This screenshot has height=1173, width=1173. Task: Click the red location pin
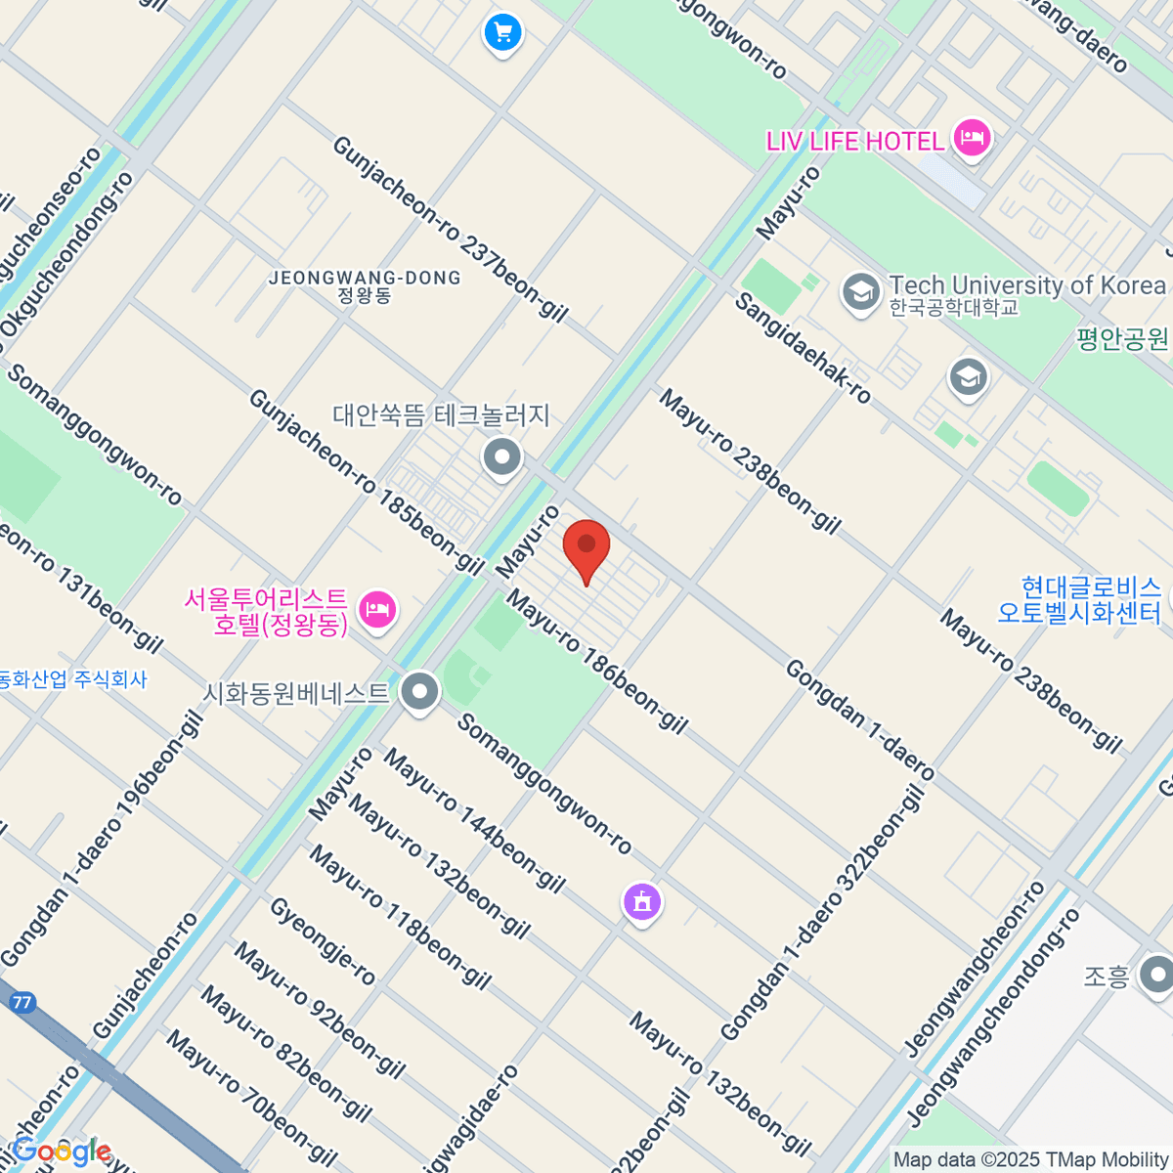[586, 548]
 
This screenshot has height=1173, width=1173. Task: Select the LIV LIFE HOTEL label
[855, 141]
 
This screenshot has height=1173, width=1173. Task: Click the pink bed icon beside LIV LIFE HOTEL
[971, 137]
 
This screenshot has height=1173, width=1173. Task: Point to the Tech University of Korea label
[1026, 285]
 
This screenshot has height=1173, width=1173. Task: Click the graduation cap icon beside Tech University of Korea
[861, 291]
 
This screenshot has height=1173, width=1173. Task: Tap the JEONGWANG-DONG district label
[365, 279]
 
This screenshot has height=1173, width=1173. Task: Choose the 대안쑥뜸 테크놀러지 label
[442, 415]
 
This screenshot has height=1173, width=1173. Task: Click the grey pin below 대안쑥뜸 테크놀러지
[502, 456]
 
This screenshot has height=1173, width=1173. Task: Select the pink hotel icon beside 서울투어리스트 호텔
[376, 611]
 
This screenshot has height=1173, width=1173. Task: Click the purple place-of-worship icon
[642, 901]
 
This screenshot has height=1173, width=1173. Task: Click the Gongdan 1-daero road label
[860, 721]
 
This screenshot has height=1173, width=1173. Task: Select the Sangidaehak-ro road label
[803, 348]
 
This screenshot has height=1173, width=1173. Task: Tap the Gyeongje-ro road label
[322, 941]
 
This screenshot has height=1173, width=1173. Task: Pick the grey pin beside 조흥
[1158, 975]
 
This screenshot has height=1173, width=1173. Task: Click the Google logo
[61, 1151]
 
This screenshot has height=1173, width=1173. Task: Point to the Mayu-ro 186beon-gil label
[597, 665]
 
